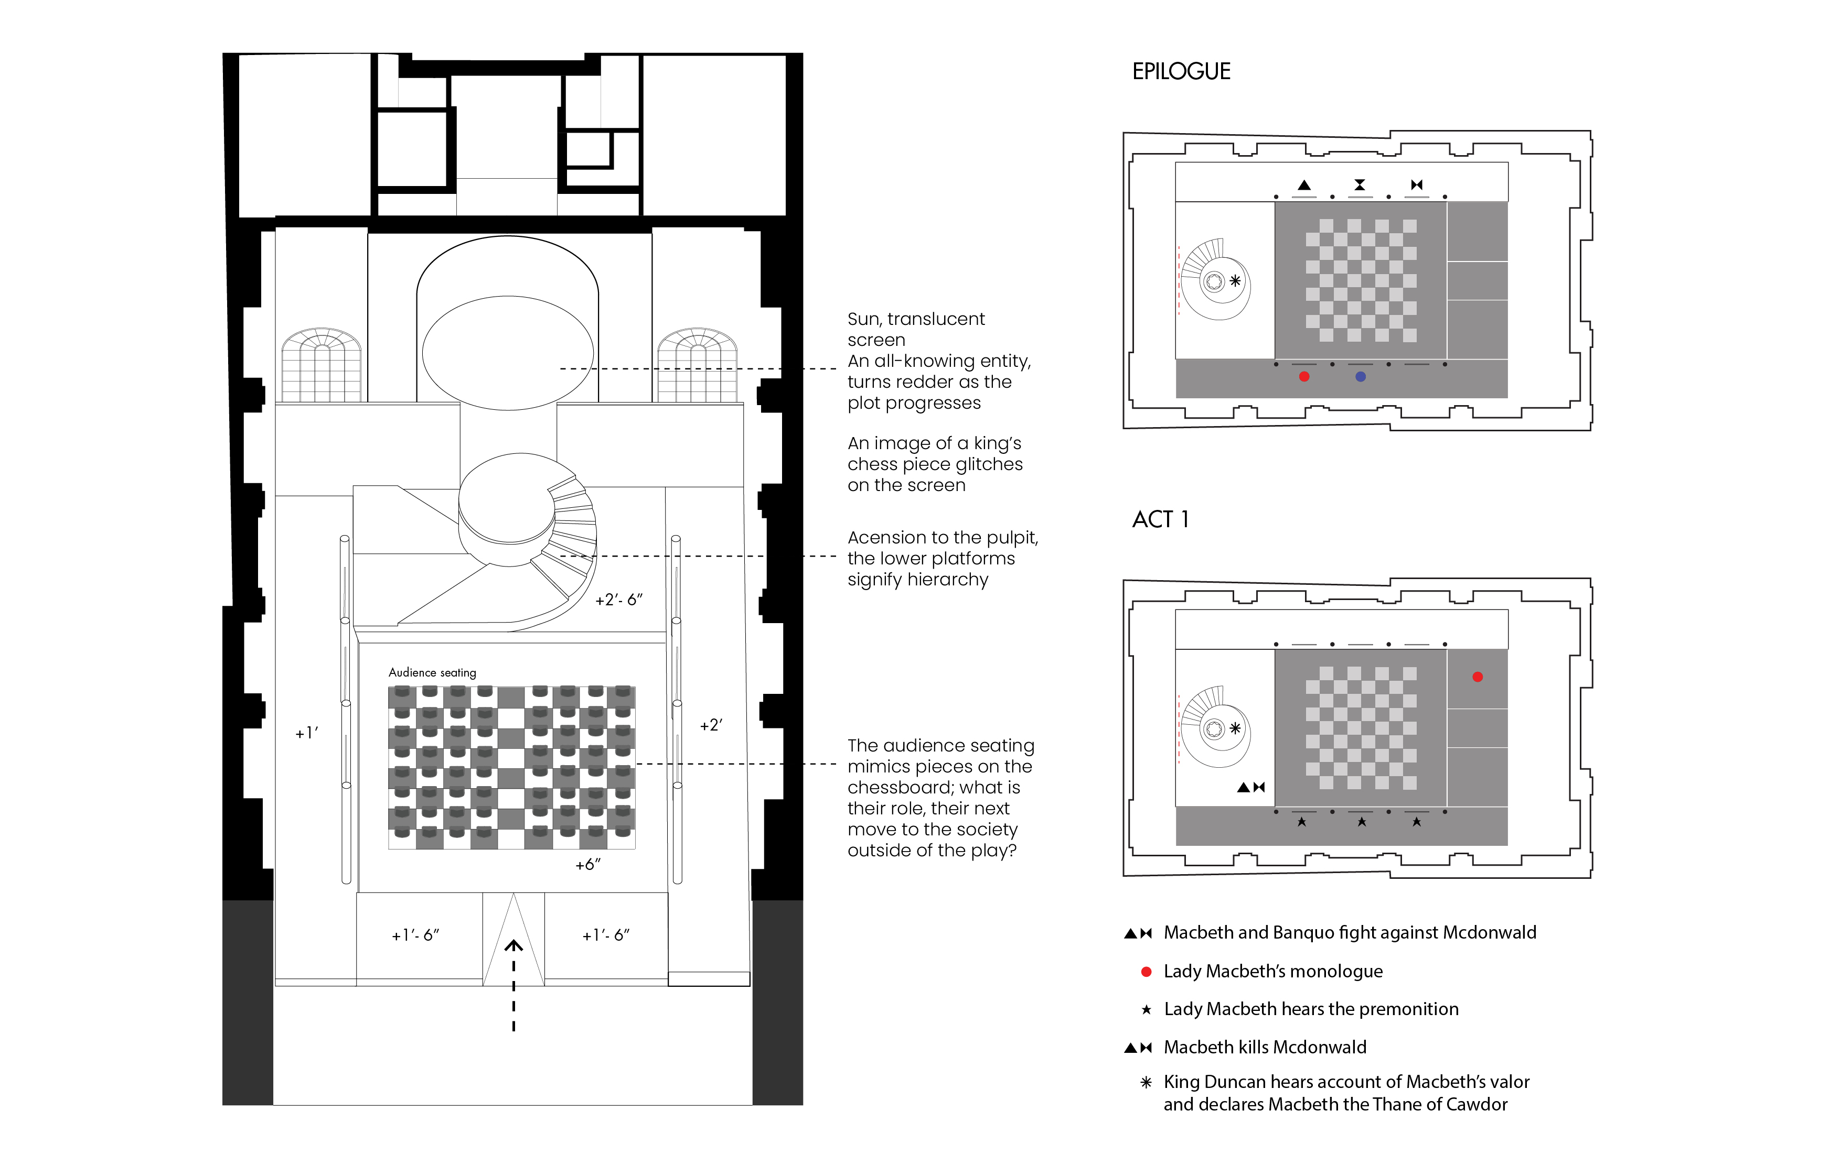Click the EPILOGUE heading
(1181, 71)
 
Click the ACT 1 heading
(1160, 519)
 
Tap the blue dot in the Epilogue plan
(1360, 376)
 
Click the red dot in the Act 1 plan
(1478, 677)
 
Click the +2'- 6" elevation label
(619, 600)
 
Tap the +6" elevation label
(587, 864)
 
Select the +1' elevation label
(306, 733)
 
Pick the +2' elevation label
(711, 725)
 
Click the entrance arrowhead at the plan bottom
(514, 946)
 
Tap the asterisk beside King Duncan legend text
(1146, 1082)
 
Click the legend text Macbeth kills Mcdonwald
(1265, 1047)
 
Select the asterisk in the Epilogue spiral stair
(1235, 281)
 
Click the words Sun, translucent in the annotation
(915, 319)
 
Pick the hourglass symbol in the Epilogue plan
(1360, 185)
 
